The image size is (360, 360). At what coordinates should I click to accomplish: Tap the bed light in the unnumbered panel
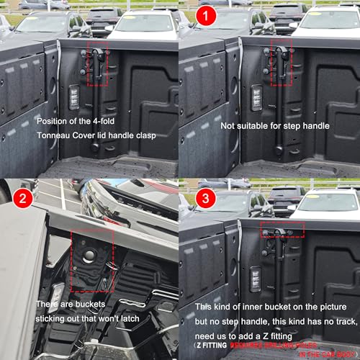tap(73, 100)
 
